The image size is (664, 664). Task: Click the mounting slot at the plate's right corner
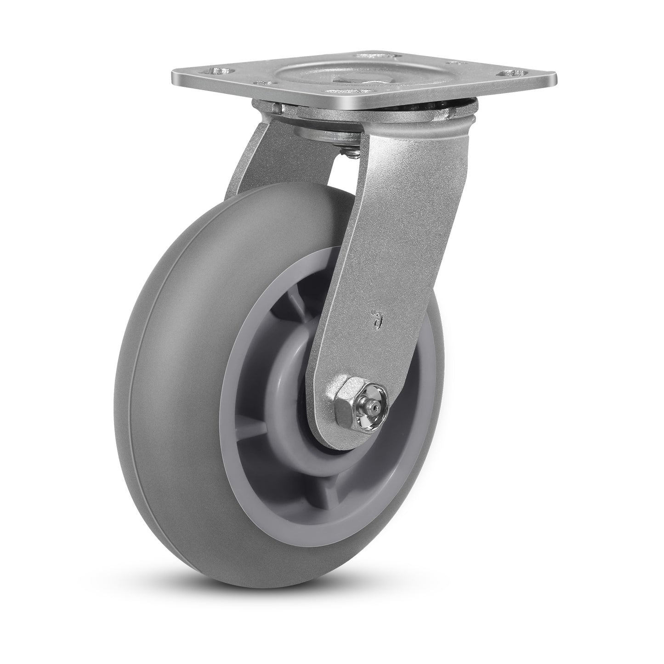[513, 73]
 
